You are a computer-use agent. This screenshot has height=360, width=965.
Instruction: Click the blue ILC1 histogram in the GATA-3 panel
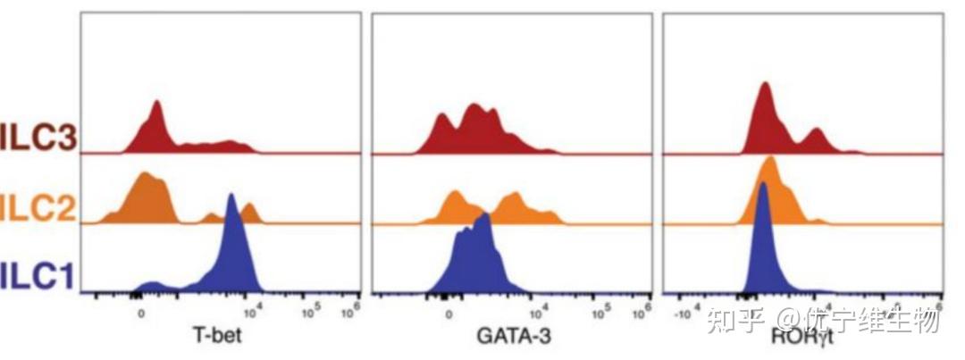[x=474, y=259]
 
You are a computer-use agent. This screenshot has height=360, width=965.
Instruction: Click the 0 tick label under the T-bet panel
[x=141, y=314]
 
